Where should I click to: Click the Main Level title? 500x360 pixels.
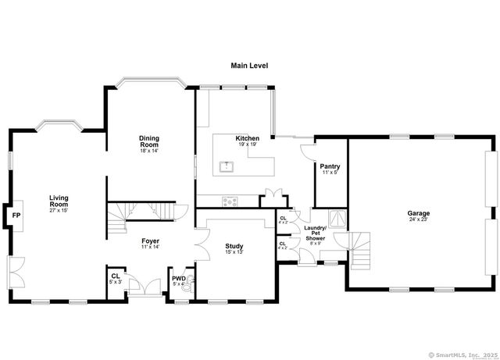pyautogui.click(x=249, y=66)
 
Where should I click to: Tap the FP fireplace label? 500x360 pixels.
pyautogui.click(x=16, y=214)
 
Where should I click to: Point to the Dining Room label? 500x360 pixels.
pyautogui.click(x=149, y=142)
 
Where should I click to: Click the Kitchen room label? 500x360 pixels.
pyautogui.click(x=248, y=138)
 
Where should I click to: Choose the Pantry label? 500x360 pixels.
pyautogui.click(x=330, y=166)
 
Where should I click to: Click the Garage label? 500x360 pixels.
pyautogui.click(x=418, y=213)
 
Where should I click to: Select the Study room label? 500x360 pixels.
pyautogui.click(x=234, y=246)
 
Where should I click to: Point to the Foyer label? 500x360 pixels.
pyautogui.click(x=151, y=241)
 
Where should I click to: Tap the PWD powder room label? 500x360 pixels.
pyautogui.click(x=178, y=278)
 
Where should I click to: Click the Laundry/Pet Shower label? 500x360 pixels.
pyautogui.click(x=316, y=233)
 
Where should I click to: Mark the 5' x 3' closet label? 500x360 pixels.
pyautogui.click(x=116, y=278)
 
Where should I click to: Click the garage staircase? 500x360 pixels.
pyautogui.click(x=360, y=250)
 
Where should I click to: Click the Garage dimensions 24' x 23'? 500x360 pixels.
pyautogui.click(x=418, y=219)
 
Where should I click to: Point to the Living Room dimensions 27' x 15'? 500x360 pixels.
pyautogui.click(x=59, y=210)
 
